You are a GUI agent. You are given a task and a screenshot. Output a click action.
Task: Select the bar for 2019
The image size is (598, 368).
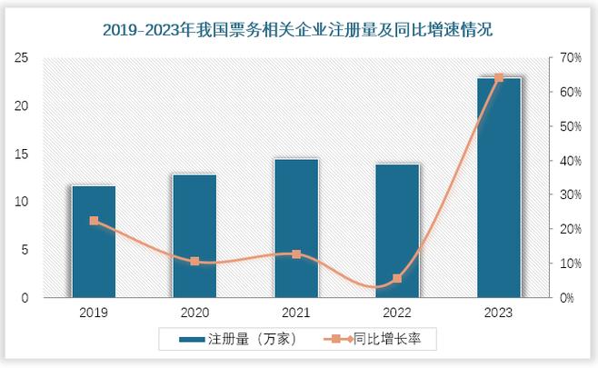point(94,242)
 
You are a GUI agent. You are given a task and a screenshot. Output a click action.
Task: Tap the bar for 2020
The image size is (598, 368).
point(194,236)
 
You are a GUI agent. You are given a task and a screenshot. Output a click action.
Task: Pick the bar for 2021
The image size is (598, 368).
point(296,228)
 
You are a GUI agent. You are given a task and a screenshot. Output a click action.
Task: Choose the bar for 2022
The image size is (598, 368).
point(397,231)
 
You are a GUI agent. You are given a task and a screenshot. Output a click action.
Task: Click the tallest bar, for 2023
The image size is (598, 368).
point(499,188)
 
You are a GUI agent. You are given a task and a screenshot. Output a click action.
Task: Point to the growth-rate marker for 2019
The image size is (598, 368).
point(94,221)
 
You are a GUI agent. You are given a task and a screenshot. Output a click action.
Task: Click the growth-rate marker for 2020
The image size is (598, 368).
point(194,261)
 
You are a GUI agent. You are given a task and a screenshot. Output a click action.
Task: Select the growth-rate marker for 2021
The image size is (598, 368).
point(296,254)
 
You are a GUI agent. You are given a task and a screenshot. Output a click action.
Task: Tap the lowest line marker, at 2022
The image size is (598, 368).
point(397,278)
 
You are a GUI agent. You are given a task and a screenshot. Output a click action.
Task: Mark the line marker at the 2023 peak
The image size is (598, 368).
point(499,77)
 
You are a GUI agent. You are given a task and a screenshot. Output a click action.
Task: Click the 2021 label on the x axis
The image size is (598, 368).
point(296,313)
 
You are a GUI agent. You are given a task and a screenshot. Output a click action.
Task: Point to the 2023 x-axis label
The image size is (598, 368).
point(499,313)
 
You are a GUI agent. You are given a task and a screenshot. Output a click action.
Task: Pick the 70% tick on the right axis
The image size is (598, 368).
point(570,57)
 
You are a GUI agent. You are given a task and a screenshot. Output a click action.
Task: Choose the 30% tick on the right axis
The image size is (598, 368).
point(570,194)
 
